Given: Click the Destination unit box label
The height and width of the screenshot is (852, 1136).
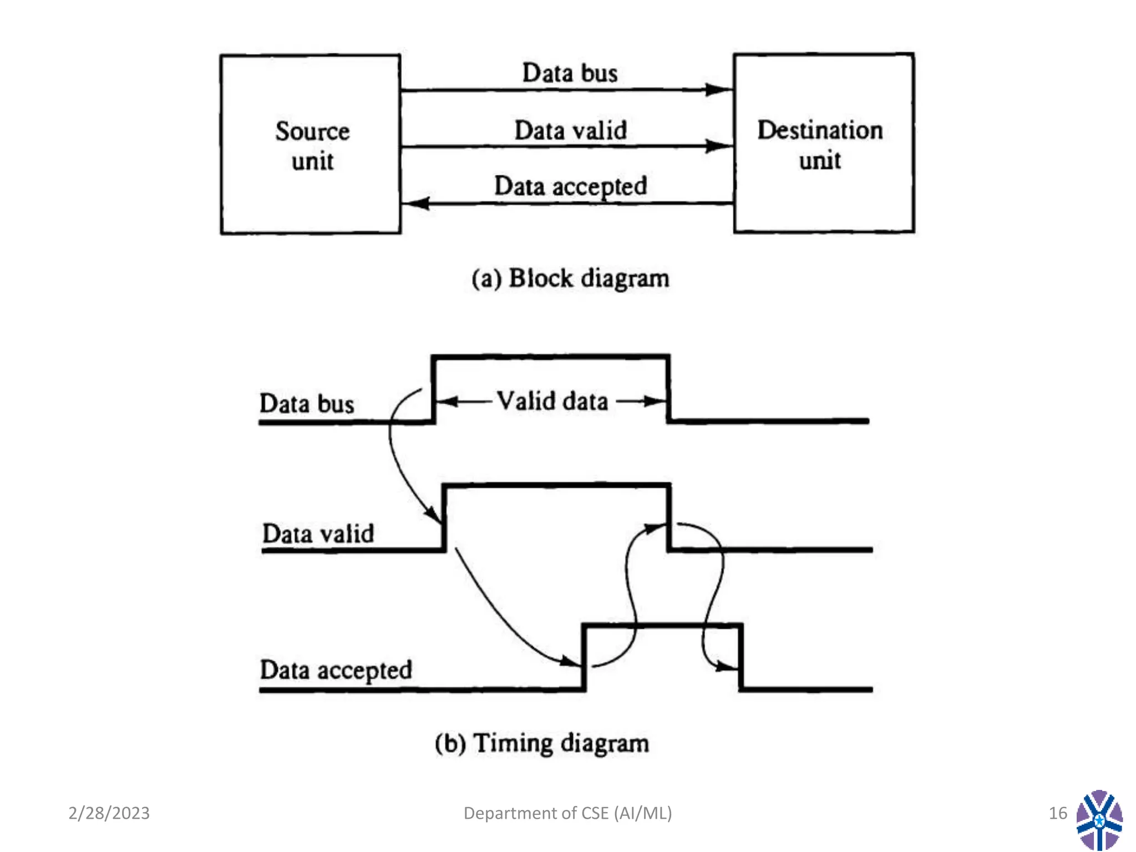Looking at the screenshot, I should pyautogui.click(x=820, y=145).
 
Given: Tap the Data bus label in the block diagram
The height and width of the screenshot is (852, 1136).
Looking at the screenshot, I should pyautogui.click(x=570, y=73).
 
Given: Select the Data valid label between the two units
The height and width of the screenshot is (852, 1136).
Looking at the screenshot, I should pyautogui.click(x=570, y=131).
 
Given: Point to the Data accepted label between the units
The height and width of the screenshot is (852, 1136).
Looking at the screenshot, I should pyautogui.click(x=570, y=186).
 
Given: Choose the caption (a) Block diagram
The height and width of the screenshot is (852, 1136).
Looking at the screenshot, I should pyautogui.click(x=570, y=278).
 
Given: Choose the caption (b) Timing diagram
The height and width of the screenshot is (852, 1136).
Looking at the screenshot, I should pyautogui.click(x=541, y=743).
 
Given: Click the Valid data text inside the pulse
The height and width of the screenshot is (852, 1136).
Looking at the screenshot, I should pyautogui.click(x=552, y=401).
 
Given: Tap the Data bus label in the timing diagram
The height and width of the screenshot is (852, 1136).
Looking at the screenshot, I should pyautogui.click(x=307, y=403).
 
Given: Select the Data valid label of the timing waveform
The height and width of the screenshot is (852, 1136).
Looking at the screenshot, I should pyautogui.click(x=318, y=534).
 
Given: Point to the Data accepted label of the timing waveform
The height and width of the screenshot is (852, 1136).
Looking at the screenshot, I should pyautogui.click(x=336, y=670).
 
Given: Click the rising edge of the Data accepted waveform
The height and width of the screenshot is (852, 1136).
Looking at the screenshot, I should pyautogui.click(x=584, y=657).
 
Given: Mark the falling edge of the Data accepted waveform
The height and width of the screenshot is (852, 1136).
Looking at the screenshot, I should pyautogui.click(x=741, y=657).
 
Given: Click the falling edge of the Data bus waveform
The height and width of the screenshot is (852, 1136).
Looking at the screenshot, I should pyautogui.click(x=668, y=388).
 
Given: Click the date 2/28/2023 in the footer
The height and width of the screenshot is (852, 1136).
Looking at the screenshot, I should pyautogui.click(x=109, y=813).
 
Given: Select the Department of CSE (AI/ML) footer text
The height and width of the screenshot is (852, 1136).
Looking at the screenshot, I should pyautogui.click(x=567, y=813).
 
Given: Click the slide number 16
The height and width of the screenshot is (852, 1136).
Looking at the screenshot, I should pyautogui.click(x=1057, y=813).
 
